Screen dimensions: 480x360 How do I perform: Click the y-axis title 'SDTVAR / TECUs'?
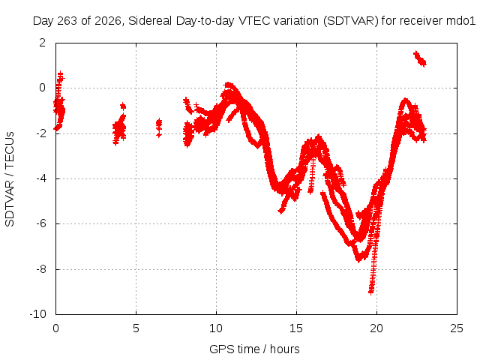(10, 179)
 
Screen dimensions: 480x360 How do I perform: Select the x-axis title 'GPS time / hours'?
(254, 349)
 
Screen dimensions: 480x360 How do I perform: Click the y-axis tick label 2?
(42, 43)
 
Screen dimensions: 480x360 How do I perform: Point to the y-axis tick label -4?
(41, 178)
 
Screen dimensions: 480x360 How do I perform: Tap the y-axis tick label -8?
(41, 269)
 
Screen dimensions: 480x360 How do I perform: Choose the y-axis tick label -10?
(38, 314)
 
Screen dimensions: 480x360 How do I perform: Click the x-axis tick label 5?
(136, 328)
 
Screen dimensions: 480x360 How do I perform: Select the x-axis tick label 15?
(296, 328)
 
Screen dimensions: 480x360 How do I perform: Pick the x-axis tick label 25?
(457, 328)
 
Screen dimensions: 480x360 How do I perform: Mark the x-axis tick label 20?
(376, 328)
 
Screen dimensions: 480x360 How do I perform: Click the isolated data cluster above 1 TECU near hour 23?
(420, 58)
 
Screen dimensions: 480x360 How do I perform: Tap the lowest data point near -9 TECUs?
(371, 291)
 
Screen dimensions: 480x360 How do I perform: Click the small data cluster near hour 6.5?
(158, 127)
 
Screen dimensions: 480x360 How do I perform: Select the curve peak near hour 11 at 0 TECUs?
(228, 85)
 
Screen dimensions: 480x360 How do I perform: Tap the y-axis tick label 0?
(42, 88)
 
